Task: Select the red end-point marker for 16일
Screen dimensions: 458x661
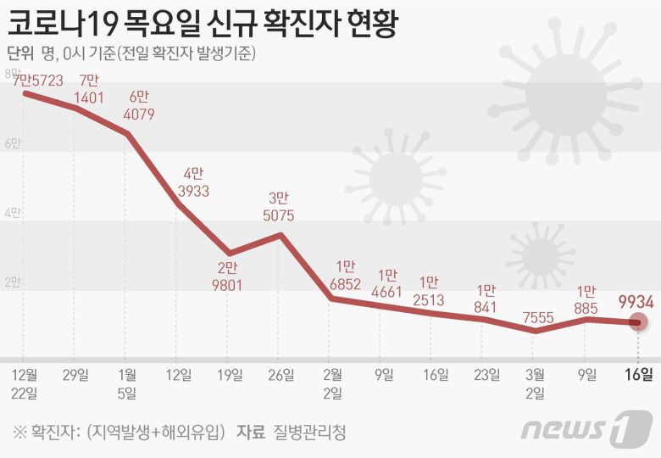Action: pyautogui.click(x=639, y=321)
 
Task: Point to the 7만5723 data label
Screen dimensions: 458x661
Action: pyautogui.click(x=38, y=81)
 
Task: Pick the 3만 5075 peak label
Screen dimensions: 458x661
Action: pyautogui.click(x=279, y=206)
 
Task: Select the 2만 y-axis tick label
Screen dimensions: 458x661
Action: pyautogui.click(x=13, y=282)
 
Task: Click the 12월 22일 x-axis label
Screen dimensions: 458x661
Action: pyautogui.click(x=24, y=383)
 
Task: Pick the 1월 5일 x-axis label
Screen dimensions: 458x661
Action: pyautogui.click(x=127, y=383)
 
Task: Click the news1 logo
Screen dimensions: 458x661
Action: pyautogui.click(x=586, y=428)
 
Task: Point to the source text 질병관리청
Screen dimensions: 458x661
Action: pyautogui.click(x=309, y=432)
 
